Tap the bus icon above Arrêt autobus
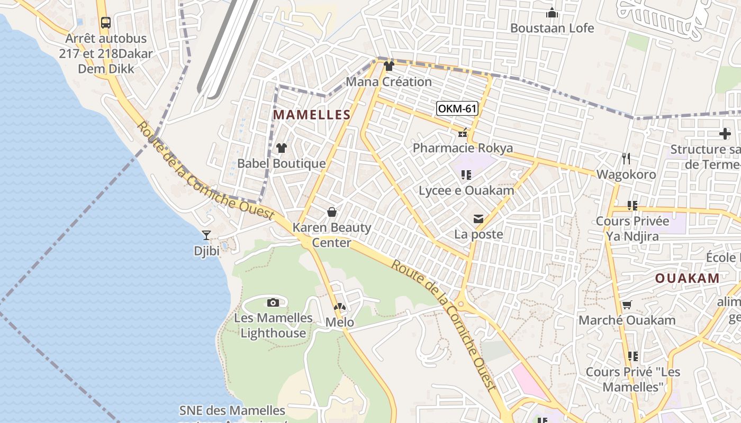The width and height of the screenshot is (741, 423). (105, 23)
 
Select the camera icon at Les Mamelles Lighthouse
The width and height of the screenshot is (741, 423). (273, 302)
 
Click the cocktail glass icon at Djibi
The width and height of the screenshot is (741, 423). (206, 235)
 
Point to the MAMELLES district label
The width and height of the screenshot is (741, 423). (312, 115)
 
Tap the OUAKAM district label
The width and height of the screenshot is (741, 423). (688, 278)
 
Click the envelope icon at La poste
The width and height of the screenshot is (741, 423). (478, 219)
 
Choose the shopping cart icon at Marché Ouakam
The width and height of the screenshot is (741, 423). (627, 305)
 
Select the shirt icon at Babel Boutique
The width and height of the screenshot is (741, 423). (282, 148)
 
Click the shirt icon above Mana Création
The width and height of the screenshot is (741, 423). (389, 66)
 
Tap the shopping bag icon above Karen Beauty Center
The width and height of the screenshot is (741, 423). (332, 212)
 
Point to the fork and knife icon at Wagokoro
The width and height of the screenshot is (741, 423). (626, 158)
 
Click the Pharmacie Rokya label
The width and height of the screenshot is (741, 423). (463, 148)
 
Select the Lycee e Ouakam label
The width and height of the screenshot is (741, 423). (466, 190)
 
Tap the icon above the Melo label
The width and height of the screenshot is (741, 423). (339, 307)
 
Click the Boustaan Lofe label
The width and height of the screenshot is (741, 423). (552, 28)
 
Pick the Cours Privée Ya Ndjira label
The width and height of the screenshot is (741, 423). (632, 228)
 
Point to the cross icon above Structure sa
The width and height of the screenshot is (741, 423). (725, 134)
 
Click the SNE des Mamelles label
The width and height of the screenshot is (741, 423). (232, 410)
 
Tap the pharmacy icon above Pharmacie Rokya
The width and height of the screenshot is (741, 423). (463, 133)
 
